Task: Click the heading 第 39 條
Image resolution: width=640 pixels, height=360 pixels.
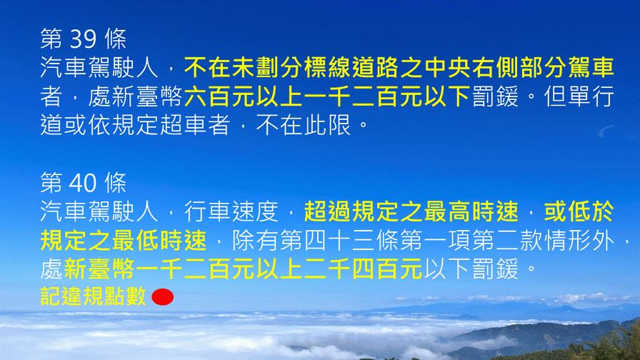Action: point(84,39)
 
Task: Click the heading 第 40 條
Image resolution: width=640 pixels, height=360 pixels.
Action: point(84,182)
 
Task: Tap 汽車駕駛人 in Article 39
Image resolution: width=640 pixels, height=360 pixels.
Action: point(99,68)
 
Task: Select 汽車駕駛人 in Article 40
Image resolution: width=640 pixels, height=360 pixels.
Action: point(99,211)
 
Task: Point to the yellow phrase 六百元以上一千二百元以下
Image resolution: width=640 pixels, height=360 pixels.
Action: point(328,96)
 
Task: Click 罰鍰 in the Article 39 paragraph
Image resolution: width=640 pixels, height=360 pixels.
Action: point(496,96)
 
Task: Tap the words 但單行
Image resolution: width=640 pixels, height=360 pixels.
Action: point(579,96)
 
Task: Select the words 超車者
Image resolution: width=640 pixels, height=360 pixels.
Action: point(196,125)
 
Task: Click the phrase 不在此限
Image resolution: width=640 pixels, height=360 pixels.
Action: point(304,125)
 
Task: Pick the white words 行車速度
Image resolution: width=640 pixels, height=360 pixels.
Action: point(231,211)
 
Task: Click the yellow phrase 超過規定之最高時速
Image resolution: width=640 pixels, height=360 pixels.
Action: point(411,211)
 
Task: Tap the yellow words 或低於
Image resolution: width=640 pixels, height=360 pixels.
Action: point(579,211)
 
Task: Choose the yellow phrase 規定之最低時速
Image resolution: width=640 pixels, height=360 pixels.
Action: point(124,241)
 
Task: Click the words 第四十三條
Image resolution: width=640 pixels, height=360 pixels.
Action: point(327,241)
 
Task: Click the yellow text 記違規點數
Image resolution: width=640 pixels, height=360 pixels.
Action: point(93,296)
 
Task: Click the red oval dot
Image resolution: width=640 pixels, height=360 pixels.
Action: point(162,297)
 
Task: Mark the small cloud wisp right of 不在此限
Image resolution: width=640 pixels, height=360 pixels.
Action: point(606,131)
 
